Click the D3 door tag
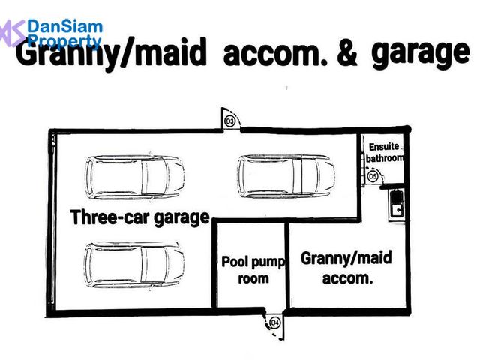[x=229, y=121]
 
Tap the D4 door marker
[x=275, y=322]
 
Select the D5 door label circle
[x=373, y=177]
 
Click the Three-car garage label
[x=140, y=217]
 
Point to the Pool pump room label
[x=253, y=270]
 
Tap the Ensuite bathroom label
[x=385, y=152]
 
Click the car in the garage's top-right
[x=286, y=176]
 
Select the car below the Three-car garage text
[x=135, y=265]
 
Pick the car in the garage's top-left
[x=135, y=177]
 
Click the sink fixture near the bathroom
[x=397, y=203]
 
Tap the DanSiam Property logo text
[x=65, y=34]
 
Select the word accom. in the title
[x=275, y=52]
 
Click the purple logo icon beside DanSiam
[x=12, y=33]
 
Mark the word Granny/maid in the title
[x=111, y=54]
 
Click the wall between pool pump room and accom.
[x=287, y=265]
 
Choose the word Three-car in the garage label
[x=110, y=217]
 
